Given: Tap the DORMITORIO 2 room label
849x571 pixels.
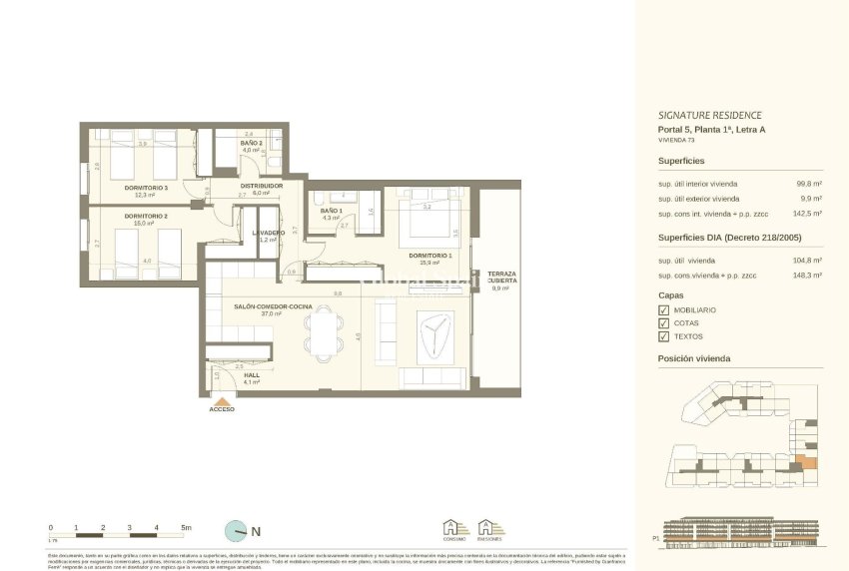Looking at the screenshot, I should (146, 216).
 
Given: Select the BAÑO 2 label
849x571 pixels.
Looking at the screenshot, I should (251, 144).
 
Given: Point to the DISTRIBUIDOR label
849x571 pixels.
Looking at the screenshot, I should (262, 186).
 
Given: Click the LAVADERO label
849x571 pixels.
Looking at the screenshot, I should (268, 233).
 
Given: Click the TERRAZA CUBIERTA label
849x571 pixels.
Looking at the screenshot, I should (501, 278).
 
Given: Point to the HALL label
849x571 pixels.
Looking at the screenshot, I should (252, 375).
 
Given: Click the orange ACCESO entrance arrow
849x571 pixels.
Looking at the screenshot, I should (222, 399).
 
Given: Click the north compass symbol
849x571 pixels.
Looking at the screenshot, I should (237, 531).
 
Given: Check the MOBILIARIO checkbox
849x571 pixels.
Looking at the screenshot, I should (663, 310).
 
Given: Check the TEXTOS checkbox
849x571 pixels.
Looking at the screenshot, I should (663, 336).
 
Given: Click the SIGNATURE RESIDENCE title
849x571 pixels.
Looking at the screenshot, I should (709, 115).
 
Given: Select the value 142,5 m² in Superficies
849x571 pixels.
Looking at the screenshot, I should (807, 213).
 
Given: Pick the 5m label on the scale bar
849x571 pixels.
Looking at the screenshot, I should (186, 526).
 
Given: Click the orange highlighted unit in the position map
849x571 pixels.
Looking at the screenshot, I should (809, 462).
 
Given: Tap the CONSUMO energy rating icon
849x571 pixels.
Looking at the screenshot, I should (455, 530).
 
